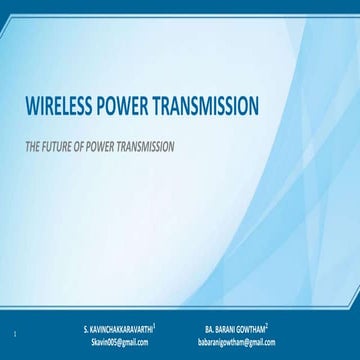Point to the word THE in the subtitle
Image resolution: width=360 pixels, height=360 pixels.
pos(32,145)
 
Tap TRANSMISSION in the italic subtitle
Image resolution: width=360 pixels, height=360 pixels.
pos(150,145)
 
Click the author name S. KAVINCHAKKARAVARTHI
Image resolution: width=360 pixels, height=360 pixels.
pos(126,328)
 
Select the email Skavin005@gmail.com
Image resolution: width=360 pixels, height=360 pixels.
pos(126,341)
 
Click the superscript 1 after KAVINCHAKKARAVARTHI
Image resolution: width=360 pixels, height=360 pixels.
pos(168,326)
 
